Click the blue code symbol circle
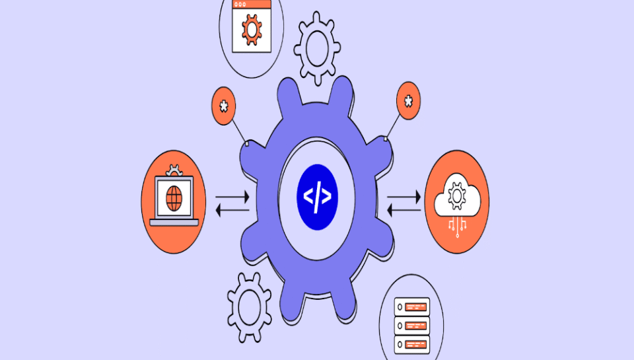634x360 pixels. point(317,196)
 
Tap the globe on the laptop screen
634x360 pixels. point(174,197)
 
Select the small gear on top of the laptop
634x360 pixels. point(174,171)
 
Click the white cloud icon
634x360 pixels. point(456,196)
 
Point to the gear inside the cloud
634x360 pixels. point(456,196)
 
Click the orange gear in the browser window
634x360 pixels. point(251,30)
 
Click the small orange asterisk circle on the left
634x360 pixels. point(224,106)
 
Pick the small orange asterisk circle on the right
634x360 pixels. point(408,101)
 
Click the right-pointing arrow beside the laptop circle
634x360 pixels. point(232,197)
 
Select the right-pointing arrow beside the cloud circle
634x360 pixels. point(404,197)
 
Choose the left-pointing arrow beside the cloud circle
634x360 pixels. point(404,210)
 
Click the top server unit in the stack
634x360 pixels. point(411,306)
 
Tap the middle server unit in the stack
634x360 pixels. point(411,325)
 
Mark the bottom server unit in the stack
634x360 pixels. point(411,343)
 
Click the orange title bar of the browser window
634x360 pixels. point(252,4)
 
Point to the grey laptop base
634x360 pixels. point(174,223)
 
